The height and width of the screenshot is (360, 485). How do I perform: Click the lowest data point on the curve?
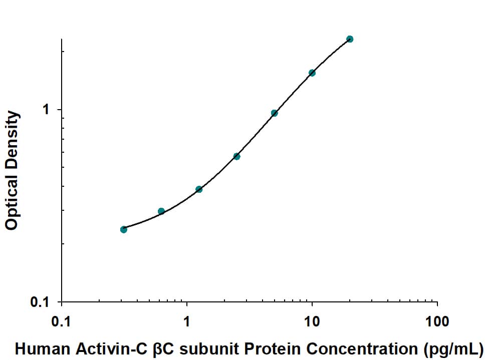(x=124, y=229)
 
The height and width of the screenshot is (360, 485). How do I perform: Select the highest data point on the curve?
(x=350, y=39)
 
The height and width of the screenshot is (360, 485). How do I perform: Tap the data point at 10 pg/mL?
(x=312, y=73)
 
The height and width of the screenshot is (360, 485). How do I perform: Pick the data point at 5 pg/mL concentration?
(x=275, y=113)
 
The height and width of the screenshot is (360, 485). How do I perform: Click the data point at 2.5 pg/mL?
(x=236, y=157)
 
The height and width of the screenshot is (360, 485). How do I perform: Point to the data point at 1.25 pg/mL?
(x=199, y=189)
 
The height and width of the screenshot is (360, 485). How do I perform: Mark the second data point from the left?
(x=161, y=211)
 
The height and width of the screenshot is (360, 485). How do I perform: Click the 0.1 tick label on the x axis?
(x=62, y=321)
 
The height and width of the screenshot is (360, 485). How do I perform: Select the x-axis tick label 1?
(x=187, y=321)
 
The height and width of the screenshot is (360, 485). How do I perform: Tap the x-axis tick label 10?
(x=312, y=321)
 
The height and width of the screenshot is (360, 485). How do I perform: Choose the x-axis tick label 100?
(x=437, y=321)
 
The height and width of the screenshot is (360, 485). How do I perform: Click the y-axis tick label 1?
(x=46, y=109)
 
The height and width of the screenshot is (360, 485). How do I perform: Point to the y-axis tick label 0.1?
(x=40, y=302)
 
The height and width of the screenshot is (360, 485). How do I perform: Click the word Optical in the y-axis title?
(x=12, y=200)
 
